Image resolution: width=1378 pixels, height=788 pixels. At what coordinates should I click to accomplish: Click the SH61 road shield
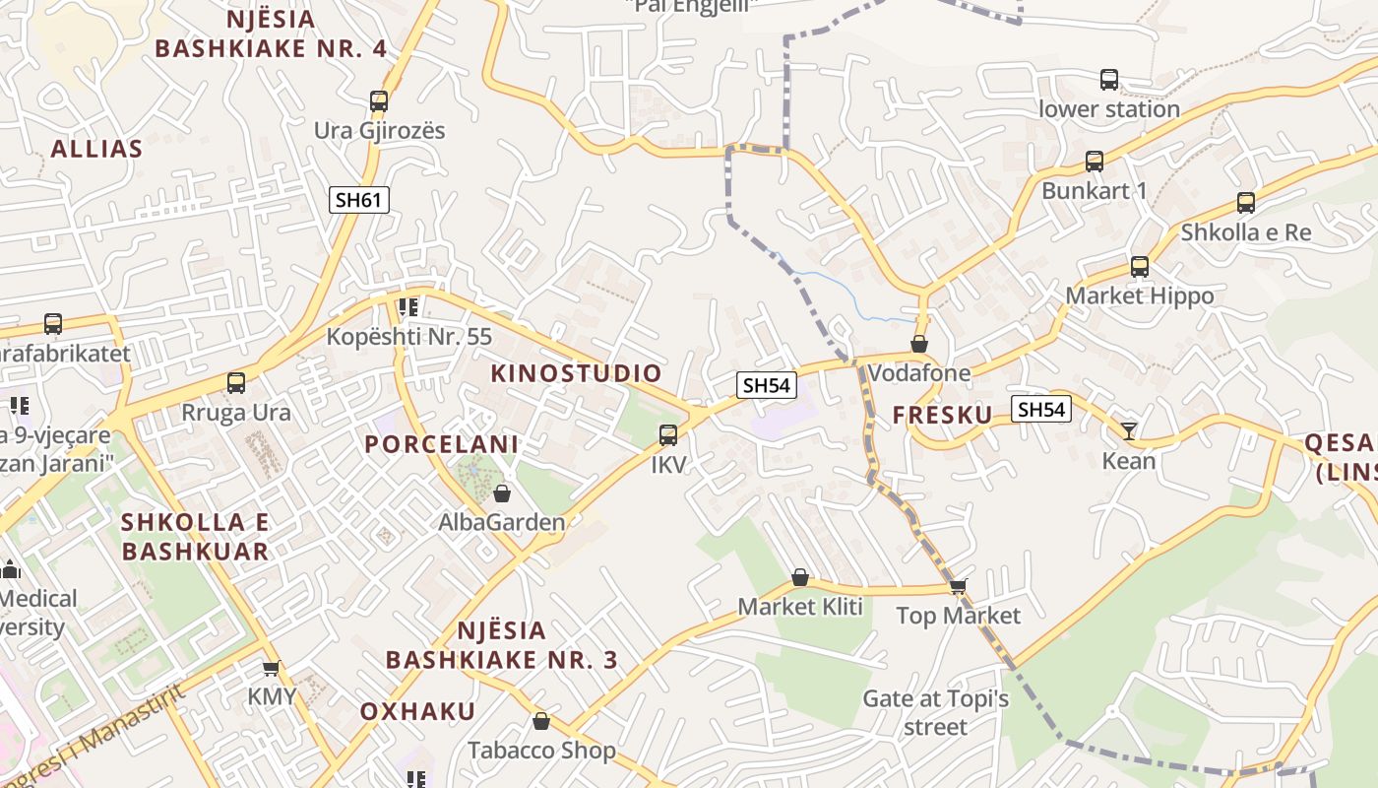click(359, 201)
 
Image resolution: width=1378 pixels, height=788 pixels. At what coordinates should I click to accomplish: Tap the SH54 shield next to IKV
click(767, 385)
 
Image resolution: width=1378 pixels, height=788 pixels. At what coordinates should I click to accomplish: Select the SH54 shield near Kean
click(1041, 409)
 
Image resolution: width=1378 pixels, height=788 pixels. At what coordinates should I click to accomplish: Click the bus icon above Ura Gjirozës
click(379, 100)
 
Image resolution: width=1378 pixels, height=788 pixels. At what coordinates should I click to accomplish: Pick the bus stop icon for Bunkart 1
click(1095, 162)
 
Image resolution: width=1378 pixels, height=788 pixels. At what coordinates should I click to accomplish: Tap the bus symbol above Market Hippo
click(1140, 266)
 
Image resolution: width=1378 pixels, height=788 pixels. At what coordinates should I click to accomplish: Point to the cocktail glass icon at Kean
click(1128, 430)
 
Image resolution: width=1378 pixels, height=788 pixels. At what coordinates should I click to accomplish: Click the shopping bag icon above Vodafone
click(919, 344)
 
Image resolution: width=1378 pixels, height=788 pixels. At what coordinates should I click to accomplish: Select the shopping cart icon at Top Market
click(958, 586)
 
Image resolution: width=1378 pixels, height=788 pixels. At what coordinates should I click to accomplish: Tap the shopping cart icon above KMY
click(271, 667)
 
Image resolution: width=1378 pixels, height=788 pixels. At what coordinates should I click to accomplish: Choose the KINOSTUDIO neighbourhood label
click(577, 373)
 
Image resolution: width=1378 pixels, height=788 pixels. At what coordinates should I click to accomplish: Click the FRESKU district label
click(943, 416)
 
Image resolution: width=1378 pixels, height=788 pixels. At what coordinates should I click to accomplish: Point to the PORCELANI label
click(442, 444)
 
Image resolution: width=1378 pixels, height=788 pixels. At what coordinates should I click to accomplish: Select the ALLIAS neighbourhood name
click(96, 149)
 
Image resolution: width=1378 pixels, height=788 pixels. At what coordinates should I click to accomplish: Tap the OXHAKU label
click(417, 711)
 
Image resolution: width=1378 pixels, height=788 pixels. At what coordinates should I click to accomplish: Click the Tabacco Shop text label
click(541, 751)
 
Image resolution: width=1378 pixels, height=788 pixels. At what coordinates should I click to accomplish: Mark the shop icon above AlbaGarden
click(502, 493)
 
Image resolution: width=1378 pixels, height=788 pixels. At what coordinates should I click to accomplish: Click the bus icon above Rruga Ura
click(236, 383)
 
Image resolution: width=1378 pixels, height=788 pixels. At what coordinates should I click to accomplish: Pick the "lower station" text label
click(1109, 109)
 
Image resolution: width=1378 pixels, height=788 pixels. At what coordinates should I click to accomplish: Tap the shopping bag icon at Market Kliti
click(800, 577)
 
